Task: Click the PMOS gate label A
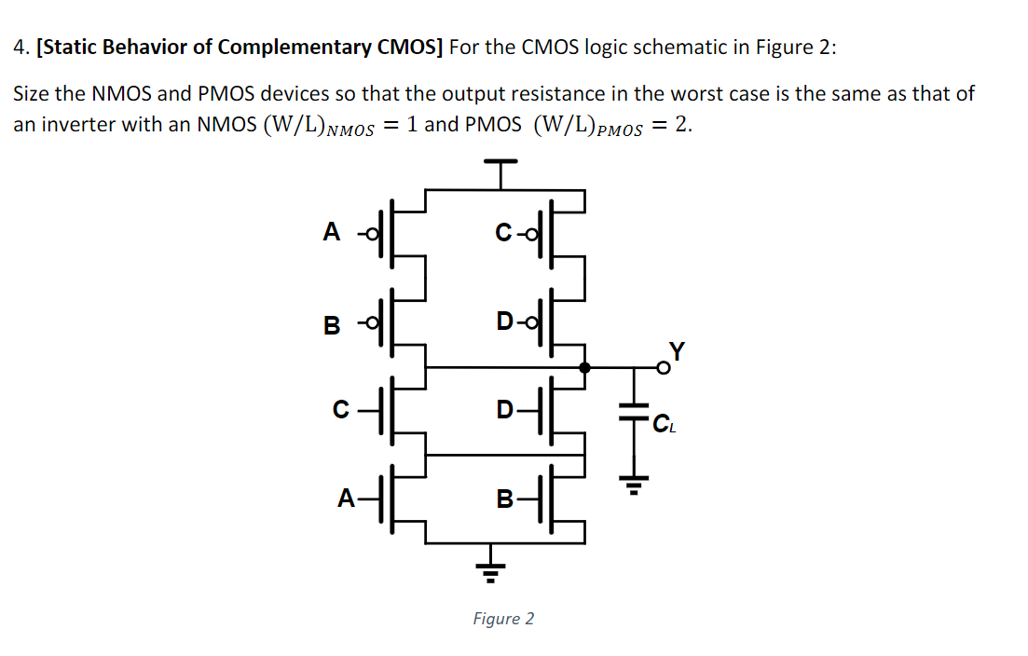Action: point(331,233)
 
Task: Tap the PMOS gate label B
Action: point(331,325)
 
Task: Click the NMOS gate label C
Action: point(342,408)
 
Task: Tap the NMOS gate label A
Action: point(345,500)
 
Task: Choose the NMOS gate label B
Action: point(504,500)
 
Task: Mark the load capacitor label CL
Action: point(664,428)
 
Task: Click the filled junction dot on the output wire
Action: point(584,368)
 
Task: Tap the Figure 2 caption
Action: point(503,619)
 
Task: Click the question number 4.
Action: point(20,48)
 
